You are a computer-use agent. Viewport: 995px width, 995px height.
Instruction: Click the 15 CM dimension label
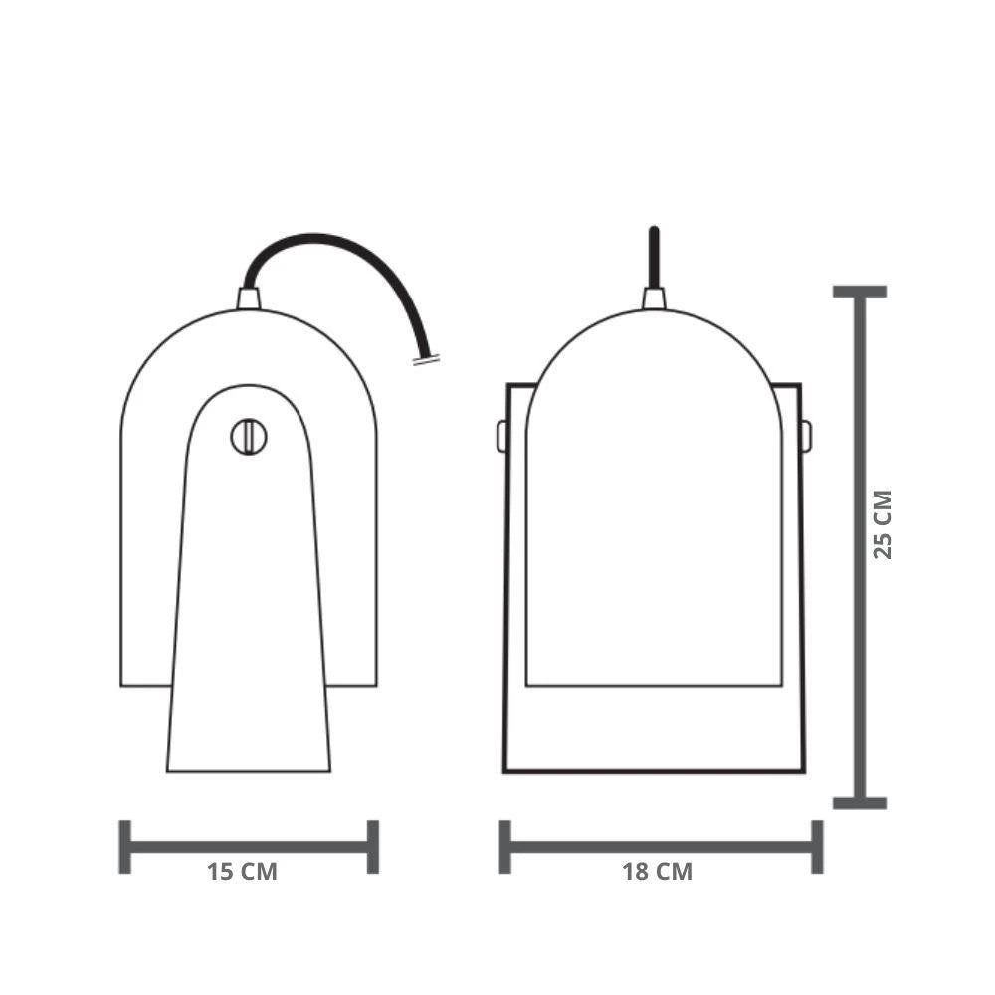tap(242, 872)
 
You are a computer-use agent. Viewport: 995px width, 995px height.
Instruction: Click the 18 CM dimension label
tap(657, 872)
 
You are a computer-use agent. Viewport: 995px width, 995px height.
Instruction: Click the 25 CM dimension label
tap(882, 524)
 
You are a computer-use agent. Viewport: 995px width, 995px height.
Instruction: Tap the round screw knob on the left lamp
tap(248, 437)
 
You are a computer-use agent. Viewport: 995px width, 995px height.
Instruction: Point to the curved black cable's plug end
tap(426, 360)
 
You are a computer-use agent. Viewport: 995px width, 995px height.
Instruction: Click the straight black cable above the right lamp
tap(654, 258)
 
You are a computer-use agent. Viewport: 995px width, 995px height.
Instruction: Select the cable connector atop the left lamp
tap(248, 298)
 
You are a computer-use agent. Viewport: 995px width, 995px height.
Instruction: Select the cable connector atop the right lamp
tap(654, 298)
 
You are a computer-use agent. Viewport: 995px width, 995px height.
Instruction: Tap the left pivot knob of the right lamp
tap(501, 436)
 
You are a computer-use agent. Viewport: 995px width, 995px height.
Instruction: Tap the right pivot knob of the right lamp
tap(806, 436)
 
